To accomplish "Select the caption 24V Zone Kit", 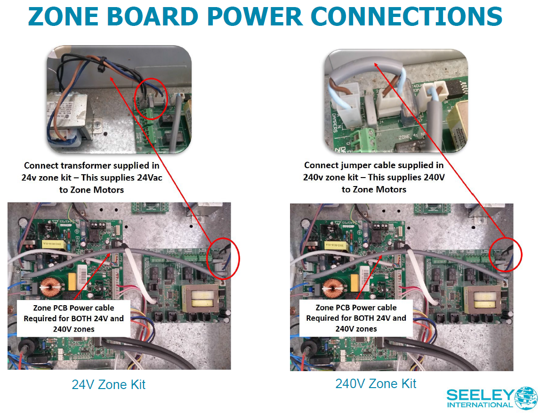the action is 108,385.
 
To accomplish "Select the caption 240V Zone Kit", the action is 376,383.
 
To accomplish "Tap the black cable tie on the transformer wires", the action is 100,69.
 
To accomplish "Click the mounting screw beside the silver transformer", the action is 97,125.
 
